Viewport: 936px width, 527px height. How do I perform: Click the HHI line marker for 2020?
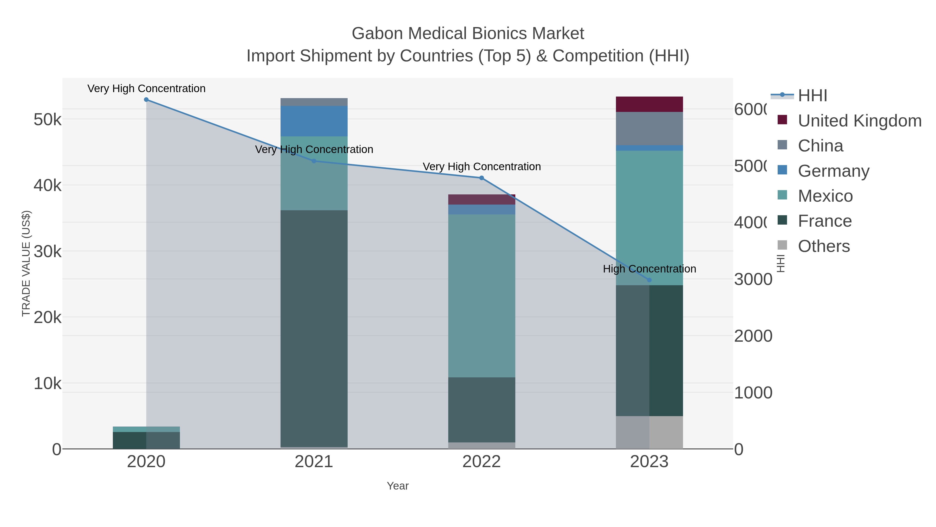tap(146, 100)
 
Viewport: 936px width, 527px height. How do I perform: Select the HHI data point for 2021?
tap(314, 161)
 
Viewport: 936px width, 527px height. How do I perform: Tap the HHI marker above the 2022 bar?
tap(482, 178)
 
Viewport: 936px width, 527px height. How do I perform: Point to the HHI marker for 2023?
tap(649, 280)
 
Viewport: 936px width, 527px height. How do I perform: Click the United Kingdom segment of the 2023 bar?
tap(649, 104)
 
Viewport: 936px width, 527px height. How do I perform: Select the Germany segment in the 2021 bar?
tap(314, 121)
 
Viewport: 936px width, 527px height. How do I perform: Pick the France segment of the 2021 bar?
tap(314, 327)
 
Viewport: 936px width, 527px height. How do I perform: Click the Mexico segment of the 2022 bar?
tap(482, 295)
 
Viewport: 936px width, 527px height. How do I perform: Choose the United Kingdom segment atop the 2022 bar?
tap(482, 199)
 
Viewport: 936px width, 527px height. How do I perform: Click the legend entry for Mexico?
tap(825, 196)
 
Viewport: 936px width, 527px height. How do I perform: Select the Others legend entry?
tap(823, 246)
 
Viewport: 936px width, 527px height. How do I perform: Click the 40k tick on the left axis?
tap(47, 186)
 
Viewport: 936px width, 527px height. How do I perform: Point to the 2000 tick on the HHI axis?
tap(753, 336)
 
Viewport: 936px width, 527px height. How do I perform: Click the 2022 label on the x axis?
tap(482, 462)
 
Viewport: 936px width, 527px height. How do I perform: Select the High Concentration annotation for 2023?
tap(649, 269)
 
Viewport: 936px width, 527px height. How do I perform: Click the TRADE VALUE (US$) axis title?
tap(26, 263)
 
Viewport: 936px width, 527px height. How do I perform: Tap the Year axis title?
tap(398, 486)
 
